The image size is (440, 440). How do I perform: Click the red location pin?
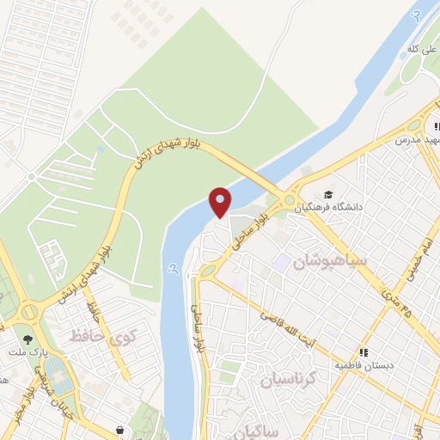pyautogui.click(x=221, y=201)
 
